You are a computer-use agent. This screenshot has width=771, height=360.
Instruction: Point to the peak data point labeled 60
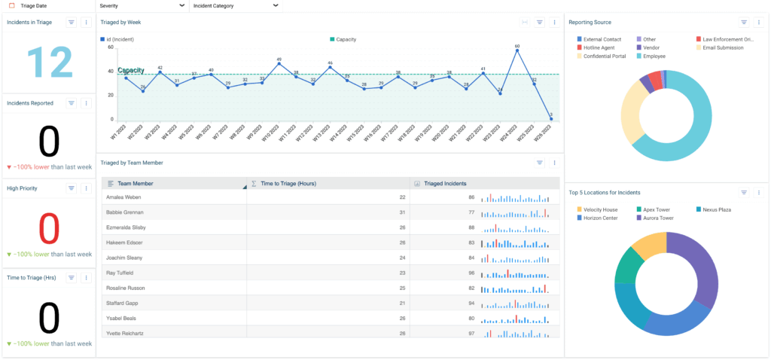(x=517, y=51)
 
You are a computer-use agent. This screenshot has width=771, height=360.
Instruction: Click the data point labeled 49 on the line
(x=279, y=64)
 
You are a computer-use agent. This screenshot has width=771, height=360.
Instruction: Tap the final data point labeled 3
(x=551, y=119)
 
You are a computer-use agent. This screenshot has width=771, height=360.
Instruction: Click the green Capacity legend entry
(x=346, y=39)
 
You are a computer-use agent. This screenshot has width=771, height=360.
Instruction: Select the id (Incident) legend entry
(x=120, y=39)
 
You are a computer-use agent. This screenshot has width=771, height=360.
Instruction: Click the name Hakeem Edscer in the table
(x=125, y=243)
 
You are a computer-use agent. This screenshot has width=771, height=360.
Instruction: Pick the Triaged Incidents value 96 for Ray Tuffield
(x=471, y=273)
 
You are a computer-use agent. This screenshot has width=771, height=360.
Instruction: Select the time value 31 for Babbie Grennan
(x=402, y=212)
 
